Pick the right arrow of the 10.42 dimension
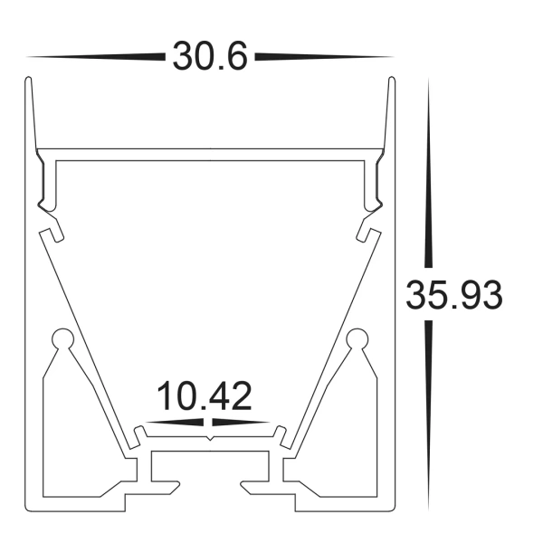(243, 422)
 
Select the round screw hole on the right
(356, 340)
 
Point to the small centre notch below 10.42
(210, 439)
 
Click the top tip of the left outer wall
(28, 81)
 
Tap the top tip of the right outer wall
(392, 81)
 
